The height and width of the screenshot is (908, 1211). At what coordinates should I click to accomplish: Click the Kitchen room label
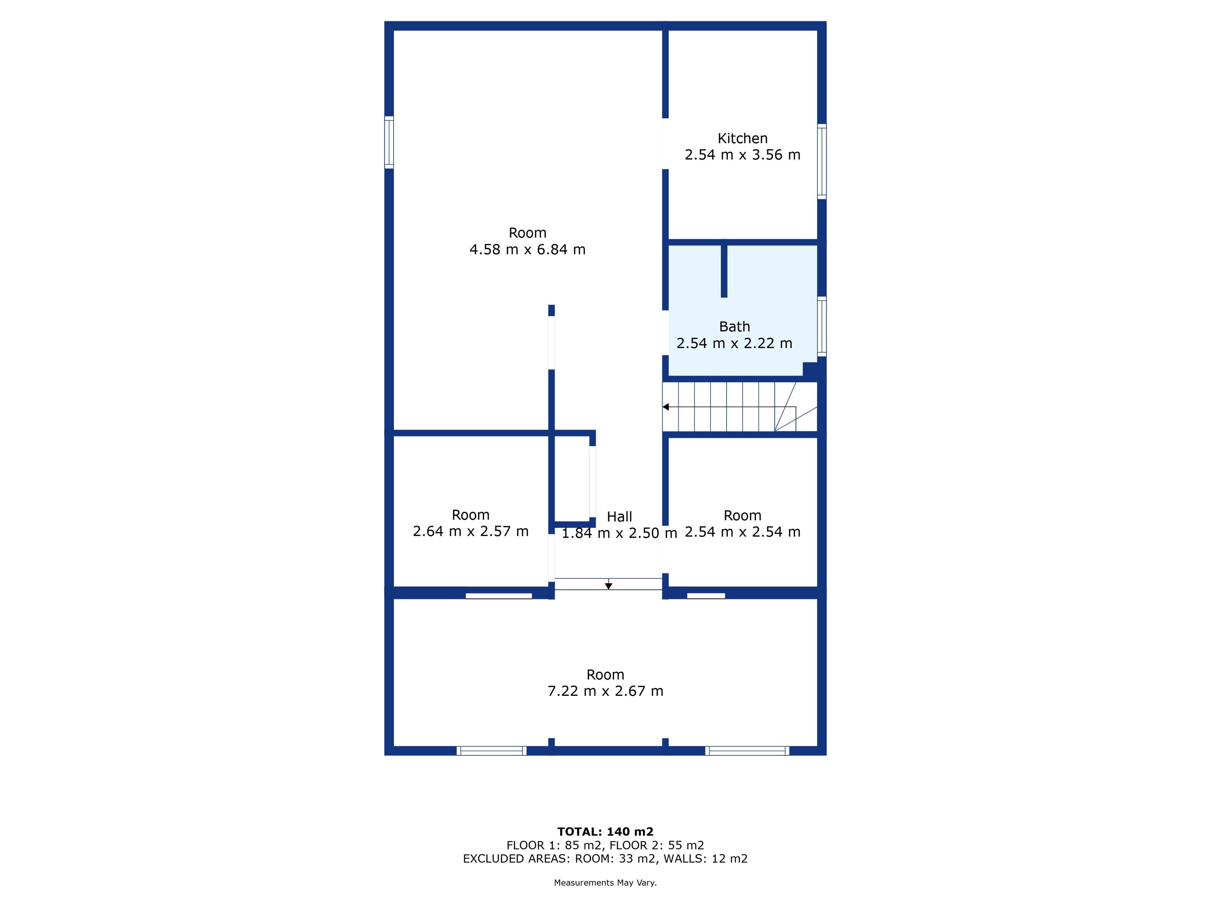click(x=742, y=138)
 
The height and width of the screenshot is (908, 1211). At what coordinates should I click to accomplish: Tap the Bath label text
click(x=734, y=327)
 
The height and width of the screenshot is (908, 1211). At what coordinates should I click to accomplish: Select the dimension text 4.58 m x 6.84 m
click(x=527, y=250)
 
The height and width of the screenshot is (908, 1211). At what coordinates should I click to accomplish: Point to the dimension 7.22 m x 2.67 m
click(x=605, y=691)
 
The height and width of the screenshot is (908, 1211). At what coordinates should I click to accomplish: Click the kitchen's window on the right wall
click(x=822, y=161)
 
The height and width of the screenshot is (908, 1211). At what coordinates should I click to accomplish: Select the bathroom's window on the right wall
click(x=822, y=327)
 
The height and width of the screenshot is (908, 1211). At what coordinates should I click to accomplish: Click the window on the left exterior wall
click(x=389, y=142)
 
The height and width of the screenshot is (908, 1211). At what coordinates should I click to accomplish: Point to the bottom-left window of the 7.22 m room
click(x=492, y=751)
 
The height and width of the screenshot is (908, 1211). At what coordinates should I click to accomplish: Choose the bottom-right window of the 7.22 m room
click(x=747, y=751)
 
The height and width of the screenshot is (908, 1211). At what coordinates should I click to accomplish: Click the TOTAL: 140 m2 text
click(x=605, y=832)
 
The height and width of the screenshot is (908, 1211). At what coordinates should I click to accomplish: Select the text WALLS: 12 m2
click(x=706, y=859)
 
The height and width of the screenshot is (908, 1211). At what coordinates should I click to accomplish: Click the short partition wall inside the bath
click(x=724, y=271)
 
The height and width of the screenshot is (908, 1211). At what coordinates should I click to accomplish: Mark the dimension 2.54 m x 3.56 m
click(x=742, y=155)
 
